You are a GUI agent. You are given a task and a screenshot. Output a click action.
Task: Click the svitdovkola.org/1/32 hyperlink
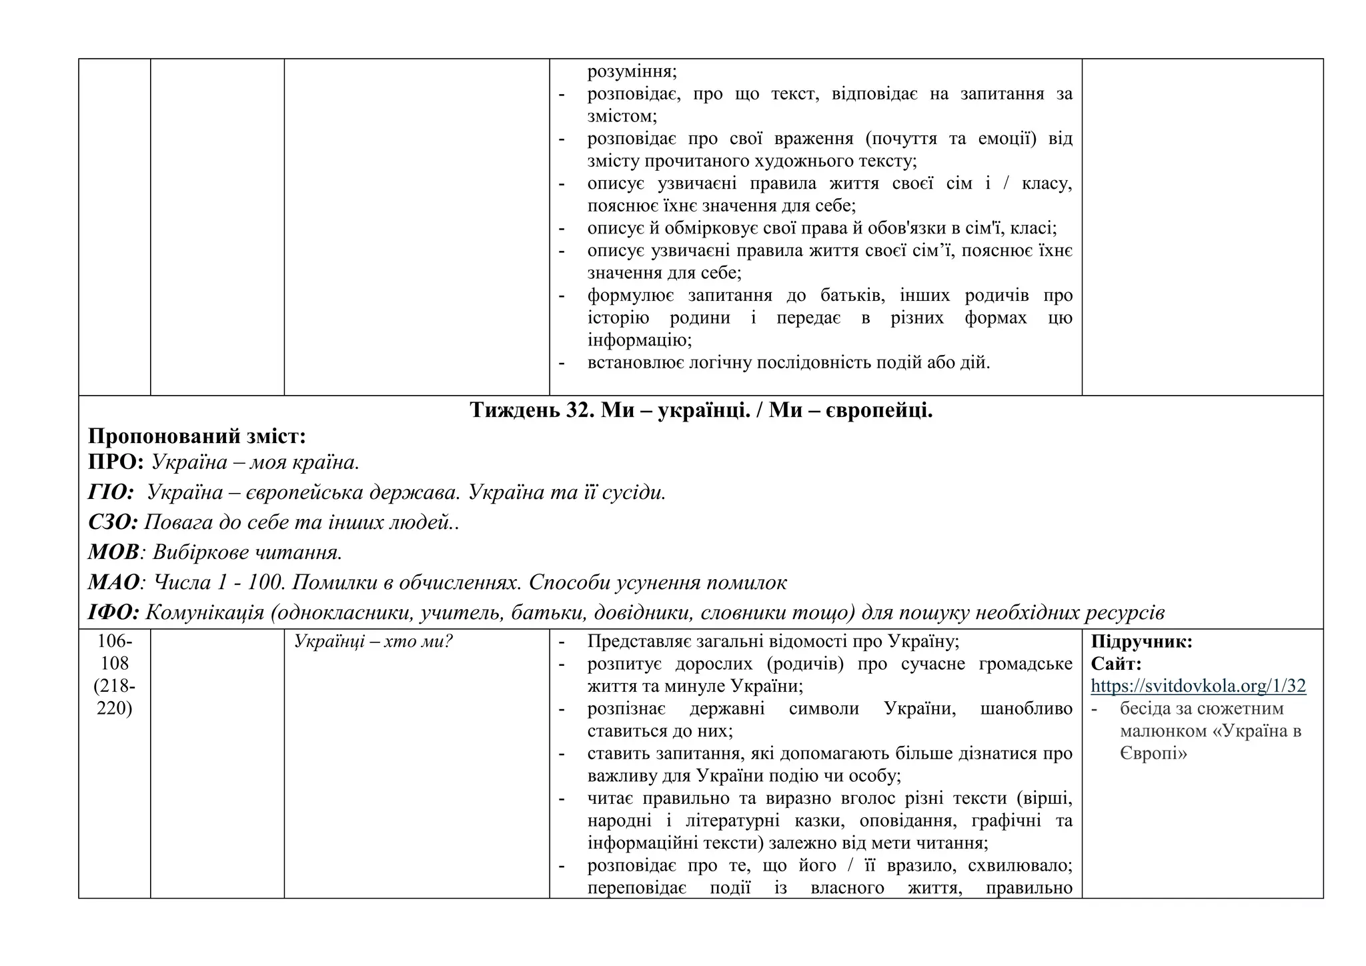pyautogui.click(x=1198, y=686)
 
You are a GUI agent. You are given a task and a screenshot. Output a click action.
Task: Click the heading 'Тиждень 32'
pyautogui.click(x=531, y=410)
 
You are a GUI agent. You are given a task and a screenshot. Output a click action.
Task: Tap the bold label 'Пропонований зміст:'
pyautogui.click(x=197, y=436)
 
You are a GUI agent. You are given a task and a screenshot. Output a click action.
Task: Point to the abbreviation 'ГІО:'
pyautogui.click(x=111, y=492)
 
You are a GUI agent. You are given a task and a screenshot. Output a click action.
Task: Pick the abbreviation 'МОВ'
pyautogui.click(x=113, y=552)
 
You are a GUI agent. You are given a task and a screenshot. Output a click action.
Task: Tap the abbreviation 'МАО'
pyautogui.click(x=113, y=582)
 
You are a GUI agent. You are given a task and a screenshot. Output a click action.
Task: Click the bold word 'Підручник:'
pyautogui.click(x=1141, y=642)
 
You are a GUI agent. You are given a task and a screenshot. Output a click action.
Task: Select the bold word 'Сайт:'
pyautogui.click(x=1116, y=664)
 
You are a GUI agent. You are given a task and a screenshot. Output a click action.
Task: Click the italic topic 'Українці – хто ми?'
pyautogui.click(x=374, y=642)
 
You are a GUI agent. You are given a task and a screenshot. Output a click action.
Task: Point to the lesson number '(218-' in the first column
pyautogui.click(x=115, y=686)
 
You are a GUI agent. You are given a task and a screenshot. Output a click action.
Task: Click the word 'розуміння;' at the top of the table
pyautogui.click(x=632, y=71)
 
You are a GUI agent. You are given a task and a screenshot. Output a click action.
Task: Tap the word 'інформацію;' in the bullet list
pyautogui.click(x=639, y=340)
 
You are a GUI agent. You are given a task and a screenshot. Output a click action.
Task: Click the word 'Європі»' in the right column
pyautogui.click(x=1153, y=754)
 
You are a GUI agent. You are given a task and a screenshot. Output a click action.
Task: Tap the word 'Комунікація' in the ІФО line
pyautogui.click(x=205, y=612)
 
